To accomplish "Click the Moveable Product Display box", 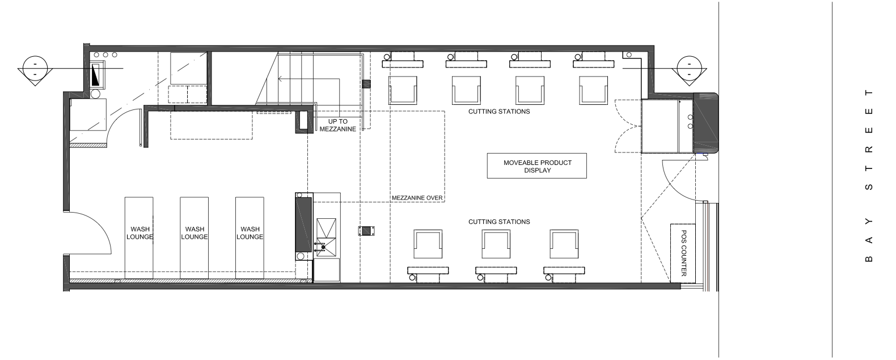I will (536, 166).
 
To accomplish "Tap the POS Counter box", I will (683, 252).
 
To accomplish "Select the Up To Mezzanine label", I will (337, 125).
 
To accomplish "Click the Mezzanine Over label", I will (417, 198).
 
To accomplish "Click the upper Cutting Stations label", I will (499, 112).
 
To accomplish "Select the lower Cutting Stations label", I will (499, 222).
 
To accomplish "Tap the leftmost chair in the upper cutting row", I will (403, 90).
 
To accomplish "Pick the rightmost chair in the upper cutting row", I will (593, 90).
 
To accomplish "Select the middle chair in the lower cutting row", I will (496, 244).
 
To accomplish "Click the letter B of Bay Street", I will (868, 259).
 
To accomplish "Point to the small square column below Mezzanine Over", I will (366, 231).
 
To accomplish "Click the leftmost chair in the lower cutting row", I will (428, 244).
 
